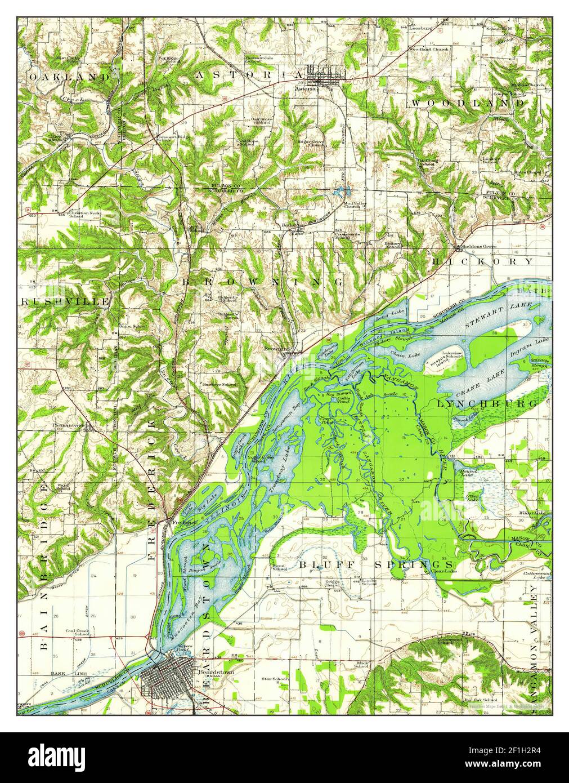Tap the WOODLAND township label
click(x=467, y=103)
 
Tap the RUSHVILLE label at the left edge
click(x=65, y=301)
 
